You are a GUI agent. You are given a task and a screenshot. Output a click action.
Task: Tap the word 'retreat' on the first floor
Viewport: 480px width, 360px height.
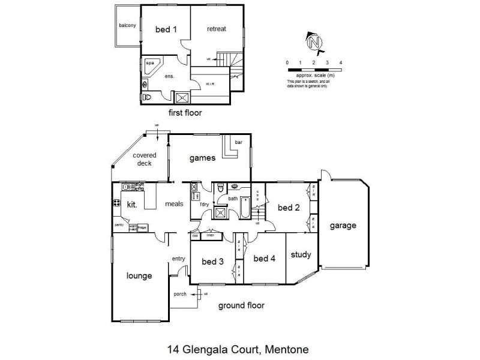(217, 29)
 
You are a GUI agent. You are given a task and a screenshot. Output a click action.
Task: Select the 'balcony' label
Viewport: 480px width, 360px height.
(127, 25)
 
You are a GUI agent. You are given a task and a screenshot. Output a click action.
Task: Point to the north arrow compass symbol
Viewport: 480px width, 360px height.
(313, 41)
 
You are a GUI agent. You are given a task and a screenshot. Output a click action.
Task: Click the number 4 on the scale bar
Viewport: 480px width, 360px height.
(341, 62)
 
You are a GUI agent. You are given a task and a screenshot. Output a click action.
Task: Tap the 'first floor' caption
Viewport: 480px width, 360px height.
(185, 112)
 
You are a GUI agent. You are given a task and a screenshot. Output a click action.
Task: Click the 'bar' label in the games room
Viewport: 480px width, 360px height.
(238, 142)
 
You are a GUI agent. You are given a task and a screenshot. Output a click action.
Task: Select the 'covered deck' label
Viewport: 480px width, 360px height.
(144, 159)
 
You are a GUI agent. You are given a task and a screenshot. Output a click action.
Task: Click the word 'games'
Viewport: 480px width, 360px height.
(202, 158)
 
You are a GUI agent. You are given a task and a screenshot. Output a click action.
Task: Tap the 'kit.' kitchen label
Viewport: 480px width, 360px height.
(133, 205)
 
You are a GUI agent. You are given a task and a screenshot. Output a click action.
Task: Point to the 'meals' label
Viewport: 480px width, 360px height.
(174, 204)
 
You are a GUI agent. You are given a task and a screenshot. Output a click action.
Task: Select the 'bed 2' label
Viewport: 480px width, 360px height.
(288, 208)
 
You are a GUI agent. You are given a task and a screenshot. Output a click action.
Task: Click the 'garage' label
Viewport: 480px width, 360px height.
(343, 226)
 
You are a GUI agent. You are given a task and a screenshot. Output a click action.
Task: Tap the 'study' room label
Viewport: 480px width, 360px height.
(301, 254)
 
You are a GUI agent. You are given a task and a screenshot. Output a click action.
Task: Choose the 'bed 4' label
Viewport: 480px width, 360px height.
(264, 259)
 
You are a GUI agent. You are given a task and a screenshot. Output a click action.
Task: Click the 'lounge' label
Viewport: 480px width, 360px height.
(139, 276)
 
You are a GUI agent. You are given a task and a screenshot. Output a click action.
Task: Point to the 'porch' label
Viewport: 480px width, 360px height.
(180, 294)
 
